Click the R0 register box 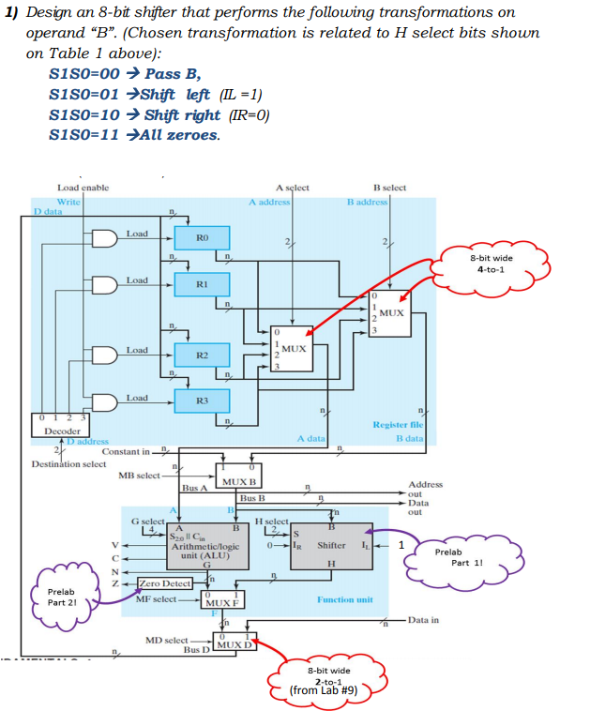[x=201, y=239]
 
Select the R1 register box [x=201, y=283]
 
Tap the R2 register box [x=201, y=355]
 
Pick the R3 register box [x=201, y=401]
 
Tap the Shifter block [x=332, y=545]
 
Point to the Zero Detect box [x=164, y=583]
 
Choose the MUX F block [x=222, y=600]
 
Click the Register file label [x=399, y=425]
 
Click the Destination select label [x=68, y=463]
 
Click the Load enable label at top [x=83, y=188]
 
